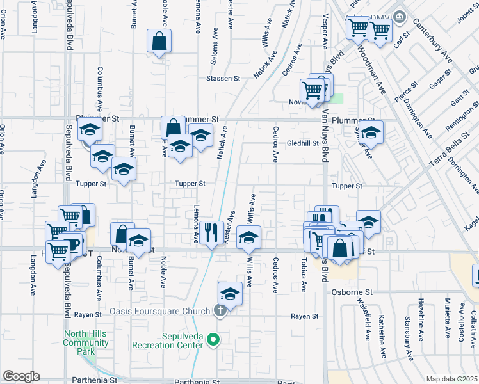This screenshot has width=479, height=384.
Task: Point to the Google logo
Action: click(x=21, y=376)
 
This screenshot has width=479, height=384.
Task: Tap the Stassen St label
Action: click(x=223, y=79)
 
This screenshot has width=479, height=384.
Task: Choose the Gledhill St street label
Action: click(x=302, y=143)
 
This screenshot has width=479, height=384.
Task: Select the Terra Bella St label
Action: click(x=454, y=147)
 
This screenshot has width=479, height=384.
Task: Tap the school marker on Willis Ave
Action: click(x=248, y=238)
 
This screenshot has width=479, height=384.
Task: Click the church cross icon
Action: click(x=220, y=312)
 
